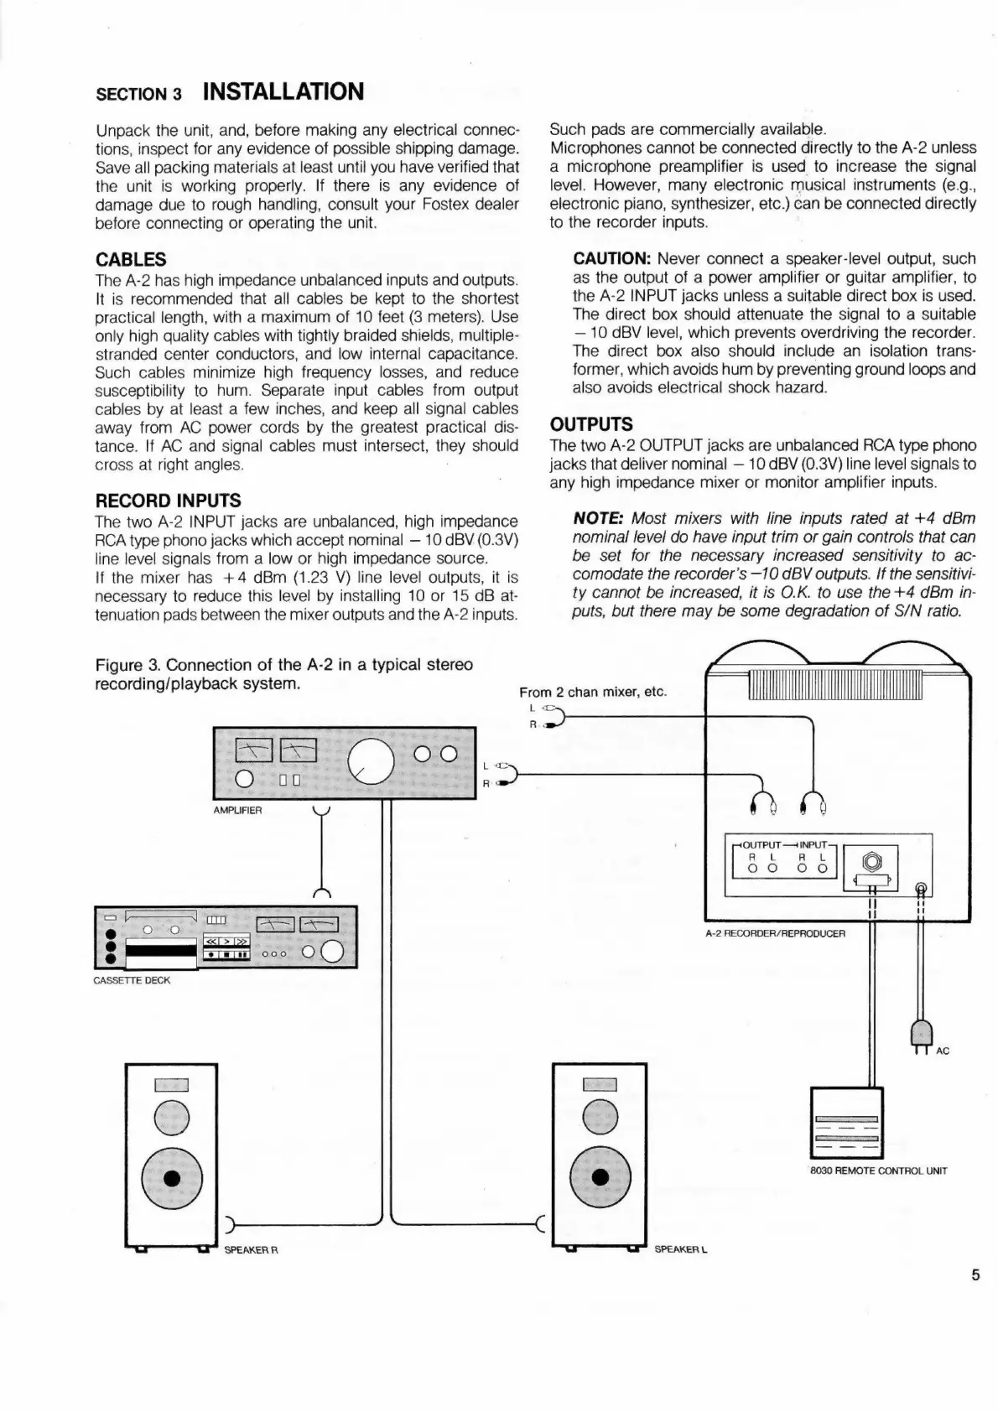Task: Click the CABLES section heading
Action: click(131, 260)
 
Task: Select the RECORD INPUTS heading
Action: click(168, 501)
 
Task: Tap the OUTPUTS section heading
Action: click(591, 424)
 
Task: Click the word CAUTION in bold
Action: click(611, 259)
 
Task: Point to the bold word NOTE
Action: click(598, 519)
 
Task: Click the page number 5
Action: click(975, 1275)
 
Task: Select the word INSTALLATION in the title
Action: click(283, 91)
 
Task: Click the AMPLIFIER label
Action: click(238, 811)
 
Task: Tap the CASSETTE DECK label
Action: click(132, 980)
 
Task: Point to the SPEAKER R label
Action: click(251, 1250)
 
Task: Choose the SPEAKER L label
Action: click(680, 1249)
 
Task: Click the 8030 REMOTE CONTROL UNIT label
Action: click(878, 1171)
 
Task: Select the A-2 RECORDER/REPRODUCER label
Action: click(775, 933)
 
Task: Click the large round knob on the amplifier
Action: click(371, 761)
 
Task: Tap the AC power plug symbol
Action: click(921, 1036)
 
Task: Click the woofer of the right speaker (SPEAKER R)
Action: click(172, 1177)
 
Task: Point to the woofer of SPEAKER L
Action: click(600, 1177)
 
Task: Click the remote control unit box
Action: click(846, 1123)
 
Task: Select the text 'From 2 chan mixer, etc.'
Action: click(592, 692)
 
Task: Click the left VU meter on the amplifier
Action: click(253, 749)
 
